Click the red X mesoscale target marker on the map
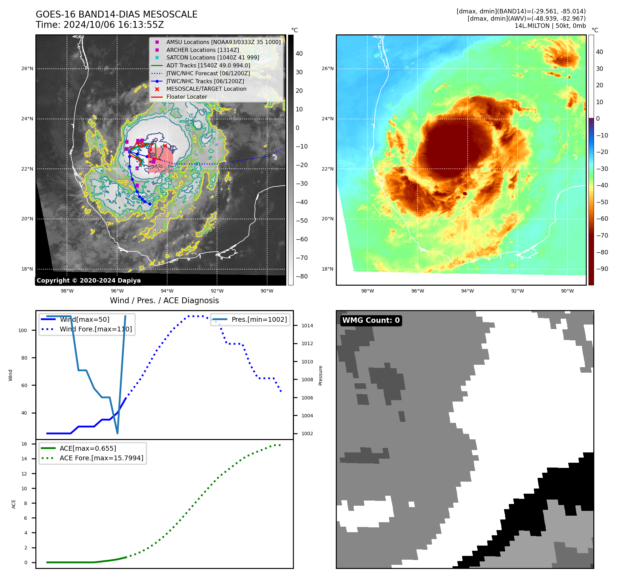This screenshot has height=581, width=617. (x=165, y=146)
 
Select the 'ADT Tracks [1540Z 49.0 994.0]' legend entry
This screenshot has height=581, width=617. (x=208, y=65)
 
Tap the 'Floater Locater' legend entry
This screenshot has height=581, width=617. (x=186, y=97)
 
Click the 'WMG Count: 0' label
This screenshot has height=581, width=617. (x=371, y=320)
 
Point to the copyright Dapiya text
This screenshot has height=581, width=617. (x=89, y=281)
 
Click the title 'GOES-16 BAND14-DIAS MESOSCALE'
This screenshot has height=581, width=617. (x=116, y=14)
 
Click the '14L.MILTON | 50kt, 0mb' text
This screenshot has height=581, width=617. (x=550, y=26)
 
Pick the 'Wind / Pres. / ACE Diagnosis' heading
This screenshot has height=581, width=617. (x=164, y=300)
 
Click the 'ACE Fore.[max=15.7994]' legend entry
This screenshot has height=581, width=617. (x=101, y=458)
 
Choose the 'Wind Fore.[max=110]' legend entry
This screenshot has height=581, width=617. (x=96, y=329)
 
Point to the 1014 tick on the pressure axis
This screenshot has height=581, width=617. (x=307, y=326)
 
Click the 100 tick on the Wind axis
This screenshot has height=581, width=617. (x=22, y=330)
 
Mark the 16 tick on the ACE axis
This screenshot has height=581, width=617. (x=24, y=444)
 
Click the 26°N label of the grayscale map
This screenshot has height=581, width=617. (x=27, y=69)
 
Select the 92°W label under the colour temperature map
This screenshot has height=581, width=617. (x=517, y=291)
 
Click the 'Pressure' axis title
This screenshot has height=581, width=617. (x=320, y=375)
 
